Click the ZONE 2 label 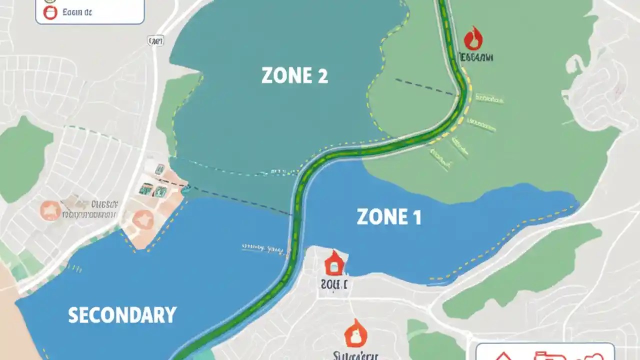point(294,76)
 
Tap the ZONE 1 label point(388,217)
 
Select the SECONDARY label point(122,315)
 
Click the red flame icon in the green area point(473,38)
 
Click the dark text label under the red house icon point(334,284)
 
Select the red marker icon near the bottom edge point(356,333)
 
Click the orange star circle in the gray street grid point(50,210)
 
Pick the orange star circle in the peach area point(143,219)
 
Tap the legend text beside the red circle point(78,12)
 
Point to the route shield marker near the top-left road point(156,41)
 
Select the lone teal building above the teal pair point(160,169)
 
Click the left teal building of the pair point(145,189)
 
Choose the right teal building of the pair point(160,191)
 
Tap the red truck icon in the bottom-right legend point(544,356)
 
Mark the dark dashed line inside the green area point(425,86)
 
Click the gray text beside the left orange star point(90,209)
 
